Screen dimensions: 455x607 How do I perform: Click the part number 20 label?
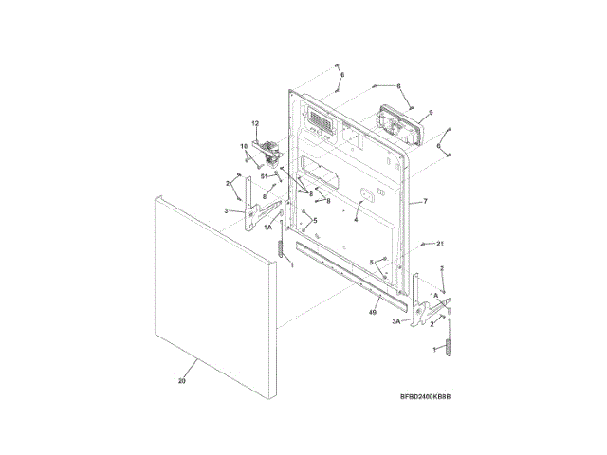(x=180, y=381)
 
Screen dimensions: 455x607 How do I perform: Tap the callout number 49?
(x=373, y=311)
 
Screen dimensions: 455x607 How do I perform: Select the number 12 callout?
(x=254, y=124)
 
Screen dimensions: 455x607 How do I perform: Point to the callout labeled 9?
(x=430, y=113)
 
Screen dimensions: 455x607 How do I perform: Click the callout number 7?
(x=425, y=202)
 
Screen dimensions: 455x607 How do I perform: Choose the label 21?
(x=440, y=244)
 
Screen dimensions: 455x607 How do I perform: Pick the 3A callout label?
(x=396, y=322)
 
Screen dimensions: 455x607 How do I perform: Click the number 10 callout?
(x=243, y=146)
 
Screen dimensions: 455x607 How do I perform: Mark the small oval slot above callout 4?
(x=363, y=194)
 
